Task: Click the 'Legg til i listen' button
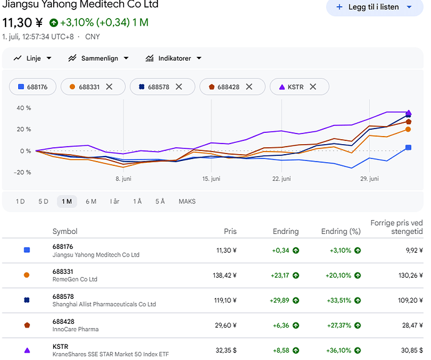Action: click(x=374, y=7)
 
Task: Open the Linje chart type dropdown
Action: click(x=32, y=58)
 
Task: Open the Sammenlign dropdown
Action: click(x=99, y=58)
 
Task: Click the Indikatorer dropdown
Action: click(x=174, y=58)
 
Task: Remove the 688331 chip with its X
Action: click(x=109, y=87)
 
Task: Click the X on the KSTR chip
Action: click(x=313, y=87)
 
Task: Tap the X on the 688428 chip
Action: click(x=249, y=87)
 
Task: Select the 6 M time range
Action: click(x=91, y=202)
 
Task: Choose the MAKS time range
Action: click(x=187, y=202)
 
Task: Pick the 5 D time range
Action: click(x=44, y=202)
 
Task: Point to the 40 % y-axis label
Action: click(x=24, y=108)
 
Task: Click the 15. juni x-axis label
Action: click(x=211, y=179)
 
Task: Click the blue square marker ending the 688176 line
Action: click(x=409, y=147)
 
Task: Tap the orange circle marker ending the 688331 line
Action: click(x=408, y=129)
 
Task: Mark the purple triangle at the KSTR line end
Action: click(x=409, y=112)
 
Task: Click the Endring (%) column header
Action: click(x=341, y=231)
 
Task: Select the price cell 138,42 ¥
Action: click(x=225, y=275)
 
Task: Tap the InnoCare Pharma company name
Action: click(x=76, y=329)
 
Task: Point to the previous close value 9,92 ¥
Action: click(x=414, y=250)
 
